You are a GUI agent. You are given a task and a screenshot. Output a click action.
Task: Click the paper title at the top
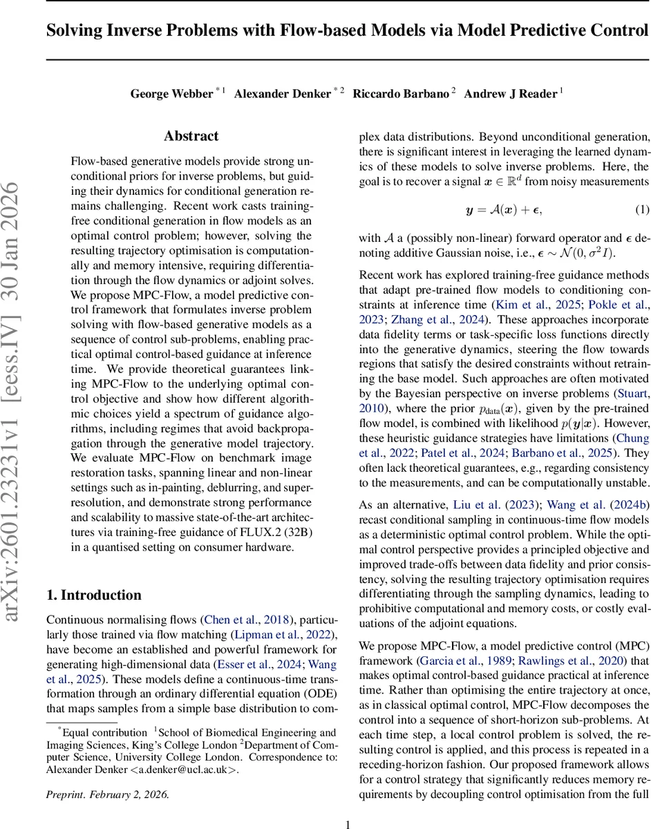coord(348,31)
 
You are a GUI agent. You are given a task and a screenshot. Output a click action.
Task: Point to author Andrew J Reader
coord(510,94)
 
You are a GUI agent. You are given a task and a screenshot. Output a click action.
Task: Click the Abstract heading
coord(191,136)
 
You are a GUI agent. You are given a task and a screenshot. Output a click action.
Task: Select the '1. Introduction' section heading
coord(93,595)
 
